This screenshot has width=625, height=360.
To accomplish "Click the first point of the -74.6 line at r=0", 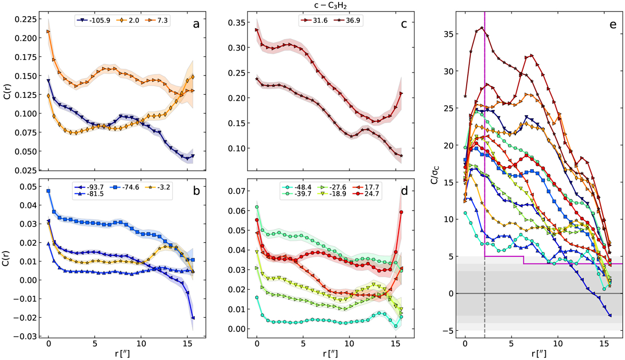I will click(48, 191).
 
